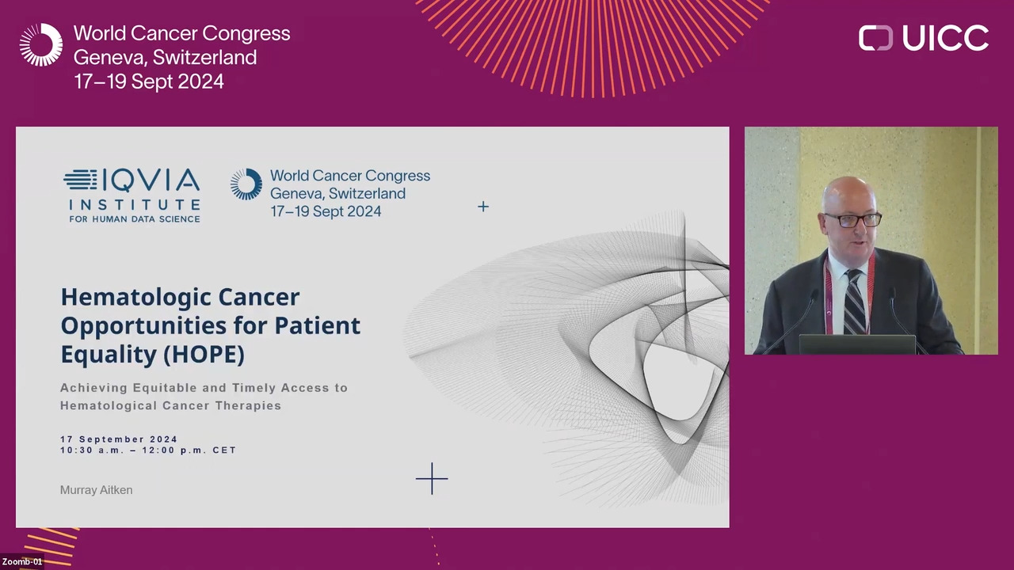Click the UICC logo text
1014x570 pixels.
pos(946,37)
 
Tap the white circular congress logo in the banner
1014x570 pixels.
pos(41,45)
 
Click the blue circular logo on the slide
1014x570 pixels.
pos(246,184)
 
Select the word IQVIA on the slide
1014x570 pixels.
pos(151,180)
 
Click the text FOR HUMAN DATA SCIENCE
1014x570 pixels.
pos(135,219)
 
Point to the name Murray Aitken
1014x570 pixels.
pos(97,490)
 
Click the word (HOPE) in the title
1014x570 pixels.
pos(204,354)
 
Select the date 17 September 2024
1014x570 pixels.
pos(119,439)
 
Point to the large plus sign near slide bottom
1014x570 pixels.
pos(432,479)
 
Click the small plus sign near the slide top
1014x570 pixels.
pos(483,207)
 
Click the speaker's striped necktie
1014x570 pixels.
pos(854,302)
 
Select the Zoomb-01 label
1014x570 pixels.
pos(22,561)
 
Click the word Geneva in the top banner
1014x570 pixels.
pos(110,58)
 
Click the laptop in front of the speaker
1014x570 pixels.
pos(857,344)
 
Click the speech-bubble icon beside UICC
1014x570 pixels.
pos(875,37)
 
